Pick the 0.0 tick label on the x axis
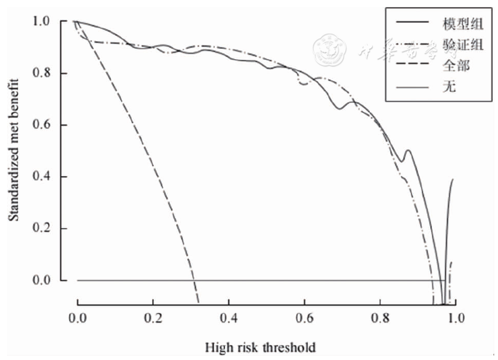coord(78,317)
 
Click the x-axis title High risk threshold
coord(260,346)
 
